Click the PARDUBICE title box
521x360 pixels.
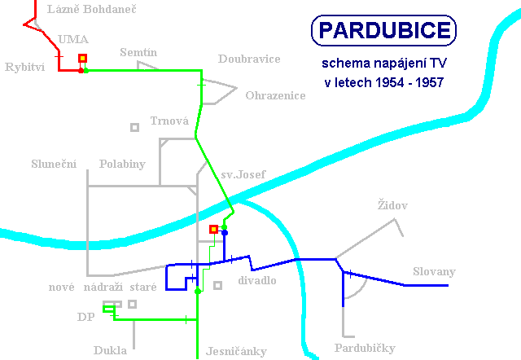(x=383, y=30)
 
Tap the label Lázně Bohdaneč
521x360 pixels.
(x=92, y=9)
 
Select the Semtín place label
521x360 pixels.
(x=138, y=52)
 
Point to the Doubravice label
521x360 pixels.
(x=249, y=59)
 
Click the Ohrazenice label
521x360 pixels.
(x=275, y=95)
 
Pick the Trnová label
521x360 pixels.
(x=169, y=121)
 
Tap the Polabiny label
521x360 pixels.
(x=122, y=164)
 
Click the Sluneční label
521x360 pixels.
(x=54, y=164)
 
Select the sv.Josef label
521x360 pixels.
(x=243, y=174)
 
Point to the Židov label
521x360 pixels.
(x=392, y=204)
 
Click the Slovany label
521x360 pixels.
(x=434, y=271)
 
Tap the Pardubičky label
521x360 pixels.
(x=365, y=348)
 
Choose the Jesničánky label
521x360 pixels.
(x=236, y=351)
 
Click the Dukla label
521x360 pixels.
(x=110, y=350)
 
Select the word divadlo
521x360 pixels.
(x=257, y=280)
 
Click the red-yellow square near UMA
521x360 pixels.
(x=82, y=59)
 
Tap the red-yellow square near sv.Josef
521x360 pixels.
(x=213, y=229)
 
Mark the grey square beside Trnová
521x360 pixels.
(x=134, y=127)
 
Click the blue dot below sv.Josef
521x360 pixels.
(x=225, y=233)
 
